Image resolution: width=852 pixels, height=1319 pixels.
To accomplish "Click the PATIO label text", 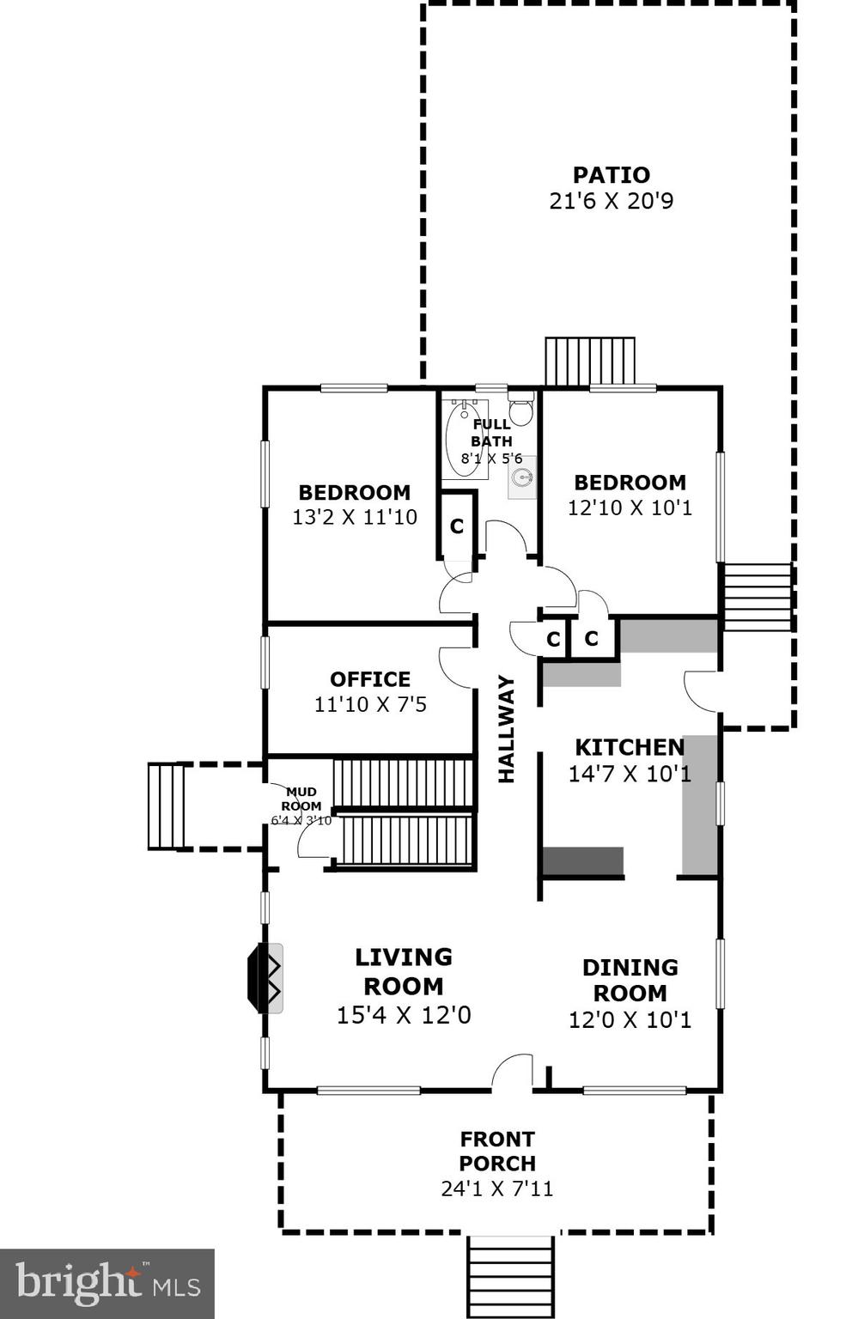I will [x=611, y=175].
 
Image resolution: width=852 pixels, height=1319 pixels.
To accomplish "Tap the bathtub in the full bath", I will [x=465, y=437].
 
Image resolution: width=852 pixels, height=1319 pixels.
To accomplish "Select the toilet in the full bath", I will [x=520, y=408].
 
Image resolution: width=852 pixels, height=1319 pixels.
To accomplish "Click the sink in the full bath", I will [x=521, y=477].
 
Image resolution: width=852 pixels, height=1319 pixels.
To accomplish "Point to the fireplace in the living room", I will [x=265, y=977].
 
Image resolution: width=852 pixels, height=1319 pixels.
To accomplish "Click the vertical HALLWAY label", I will [x=507, y=729].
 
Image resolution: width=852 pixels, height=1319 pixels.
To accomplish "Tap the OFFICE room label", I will [x=370, y=679].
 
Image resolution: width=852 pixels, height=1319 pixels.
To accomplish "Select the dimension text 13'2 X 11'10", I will [x=354, y=517].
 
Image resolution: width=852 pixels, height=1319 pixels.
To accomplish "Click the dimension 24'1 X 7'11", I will [x=496, y=1188].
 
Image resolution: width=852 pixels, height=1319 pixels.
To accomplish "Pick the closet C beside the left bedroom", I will [x=457, y=526].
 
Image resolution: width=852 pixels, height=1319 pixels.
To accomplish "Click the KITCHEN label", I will [x=630, y=747].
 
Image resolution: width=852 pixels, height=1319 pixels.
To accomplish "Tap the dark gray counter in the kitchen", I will [x=583, y=861].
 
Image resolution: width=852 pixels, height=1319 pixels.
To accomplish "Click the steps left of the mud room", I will [x=166, y=805].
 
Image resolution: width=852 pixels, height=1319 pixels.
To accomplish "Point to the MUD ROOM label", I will [x=301, y=799].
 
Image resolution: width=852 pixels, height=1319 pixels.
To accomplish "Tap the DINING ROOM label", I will [x=630, y=980].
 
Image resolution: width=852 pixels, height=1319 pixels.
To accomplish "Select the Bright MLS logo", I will [x=106, y=1284].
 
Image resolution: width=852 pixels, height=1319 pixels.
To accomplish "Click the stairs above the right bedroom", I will [x=590, y=362].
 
